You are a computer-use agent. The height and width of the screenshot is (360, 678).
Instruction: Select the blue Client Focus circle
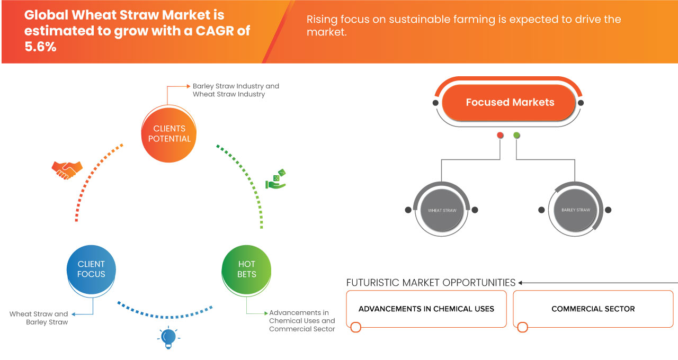click(91, 269)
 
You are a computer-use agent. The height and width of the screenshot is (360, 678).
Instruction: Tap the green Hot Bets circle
click(247, 269)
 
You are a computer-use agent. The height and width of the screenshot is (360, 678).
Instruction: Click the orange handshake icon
click(67, 170)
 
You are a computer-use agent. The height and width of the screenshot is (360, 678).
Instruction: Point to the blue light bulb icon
click(168, 337)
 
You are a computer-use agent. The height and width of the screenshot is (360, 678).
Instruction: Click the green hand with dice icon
click(275, 179)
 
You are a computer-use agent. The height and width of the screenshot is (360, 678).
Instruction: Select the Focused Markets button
click(509, 103)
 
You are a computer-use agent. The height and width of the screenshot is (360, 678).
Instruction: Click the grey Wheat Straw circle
click(442, 210)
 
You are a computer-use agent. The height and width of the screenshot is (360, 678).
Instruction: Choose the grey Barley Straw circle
click(575, 210)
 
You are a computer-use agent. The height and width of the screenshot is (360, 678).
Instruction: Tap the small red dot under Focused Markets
click(500, 136)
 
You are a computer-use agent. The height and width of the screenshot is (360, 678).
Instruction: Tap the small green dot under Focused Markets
click(516, 136)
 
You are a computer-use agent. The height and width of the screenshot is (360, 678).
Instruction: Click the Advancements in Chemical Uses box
click(426, 309)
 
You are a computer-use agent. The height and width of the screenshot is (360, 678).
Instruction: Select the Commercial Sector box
click(593, 309)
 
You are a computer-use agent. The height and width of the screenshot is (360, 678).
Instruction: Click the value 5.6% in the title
click(40, 47)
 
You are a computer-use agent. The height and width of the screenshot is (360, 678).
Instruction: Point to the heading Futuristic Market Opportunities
click(431, 283)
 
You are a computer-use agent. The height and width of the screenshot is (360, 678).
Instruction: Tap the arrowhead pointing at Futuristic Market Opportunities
click(521, 283)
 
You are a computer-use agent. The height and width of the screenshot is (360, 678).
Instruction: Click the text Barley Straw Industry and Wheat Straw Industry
click(235, 90)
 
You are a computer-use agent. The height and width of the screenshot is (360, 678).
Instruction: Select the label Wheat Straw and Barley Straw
click(39, 318)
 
